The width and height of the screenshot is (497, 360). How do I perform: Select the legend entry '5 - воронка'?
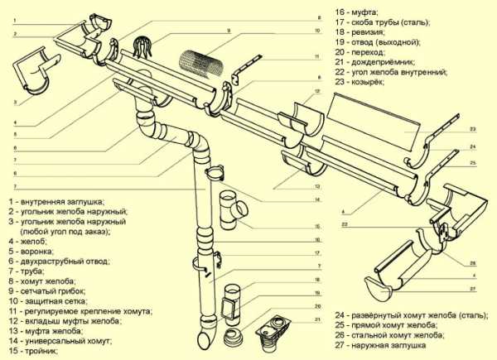tap(34, 246)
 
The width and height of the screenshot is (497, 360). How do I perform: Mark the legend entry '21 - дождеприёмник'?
tap(378, 61)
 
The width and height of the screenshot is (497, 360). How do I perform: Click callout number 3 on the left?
tap(14, 102)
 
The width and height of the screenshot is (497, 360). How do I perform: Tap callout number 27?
tap(473, 288)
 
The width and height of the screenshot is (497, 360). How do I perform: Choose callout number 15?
tap(316, 225)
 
